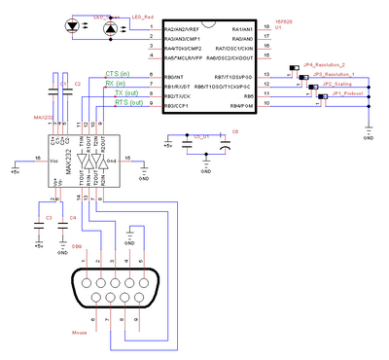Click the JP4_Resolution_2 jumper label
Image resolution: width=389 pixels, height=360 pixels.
pyautogui.click(x=325, y=63)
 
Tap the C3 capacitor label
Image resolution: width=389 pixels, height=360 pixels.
pyautogui.click(x=48, y=216)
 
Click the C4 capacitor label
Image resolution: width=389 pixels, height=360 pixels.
pyautogui.click(x=73, y=216)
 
